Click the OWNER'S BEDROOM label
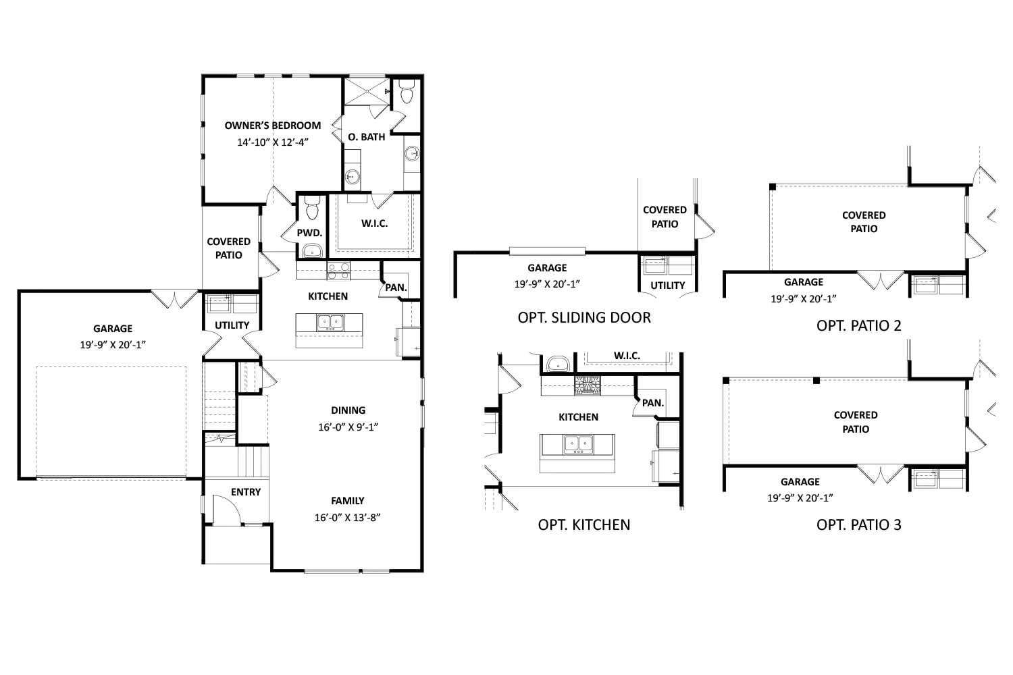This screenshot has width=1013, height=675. tap(273, 126)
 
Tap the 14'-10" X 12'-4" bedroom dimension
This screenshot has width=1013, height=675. tap(273, 142)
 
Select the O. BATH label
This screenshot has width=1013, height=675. tap(366, 136)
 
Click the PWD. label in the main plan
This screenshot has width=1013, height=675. tap(309, 233)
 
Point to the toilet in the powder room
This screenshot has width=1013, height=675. tap(312, 208)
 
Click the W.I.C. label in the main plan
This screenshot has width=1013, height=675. tap(374, 223)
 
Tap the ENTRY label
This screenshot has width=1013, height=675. tap(246, 492)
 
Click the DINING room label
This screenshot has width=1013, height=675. tap(348, 410)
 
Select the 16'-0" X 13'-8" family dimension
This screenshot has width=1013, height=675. tap(347, 517)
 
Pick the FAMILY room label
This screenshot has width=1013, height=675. tap(347, 500)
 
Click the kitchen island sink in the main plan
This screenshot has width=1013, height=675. tap(330, 323)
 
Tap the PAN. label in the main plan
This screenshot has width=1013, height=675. tap(396, 288)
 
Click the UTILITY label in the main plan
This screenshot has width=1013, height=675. tap(232, 325)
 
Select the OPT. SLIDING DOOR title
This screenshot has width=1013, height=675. tap(584, 317)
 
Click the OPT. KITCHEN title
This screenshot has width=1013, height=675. tap(584, 524)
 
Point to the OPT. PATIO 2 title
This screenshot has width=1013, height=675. tap(859, 325)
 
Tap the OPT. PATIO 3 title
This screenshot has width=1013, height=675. tap(859, 524)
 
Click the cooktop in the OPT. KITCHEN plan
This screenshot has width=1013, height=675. tap(588, 385)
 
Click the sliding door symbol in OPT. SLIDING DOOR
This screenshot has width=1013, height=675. tap(547, 251)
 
